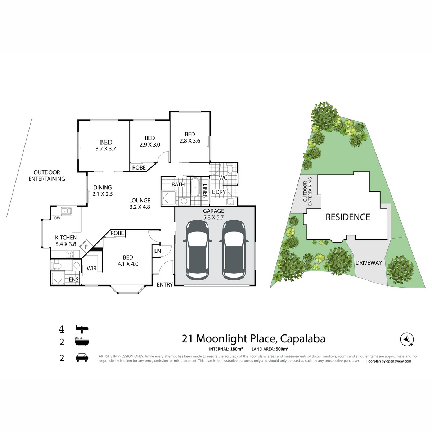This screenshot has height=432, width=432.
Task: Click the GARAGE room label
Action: point(213,211)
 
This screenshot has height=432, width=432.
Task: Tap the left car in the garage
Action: point(197,250)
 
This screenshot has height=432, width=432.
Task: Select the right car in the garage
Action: point(234,250)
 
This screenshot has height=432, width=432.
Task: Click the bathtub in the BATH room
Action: point(195,188)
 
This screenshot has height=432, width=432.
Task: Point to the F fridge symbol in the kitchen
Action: point(86,247)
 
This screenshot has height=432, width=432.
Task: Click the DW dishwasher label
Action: point(57,218)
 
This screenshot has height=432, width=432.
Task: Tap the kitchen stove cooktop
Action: point(69,254)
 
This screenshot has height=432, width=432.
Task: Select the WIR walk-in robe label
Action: point(91,268)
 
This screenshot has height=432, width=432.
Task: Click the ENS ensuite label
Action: point(73,279)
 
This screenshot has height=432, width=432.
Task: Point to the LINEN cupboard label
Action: point(205,191)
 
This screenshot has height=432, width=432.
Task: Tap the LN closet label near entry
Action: point(157,251)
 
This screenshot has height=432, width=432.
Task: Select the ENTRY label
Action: point(165,285)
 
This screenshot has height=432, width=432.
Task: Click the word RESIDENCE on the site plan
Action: point(348,217)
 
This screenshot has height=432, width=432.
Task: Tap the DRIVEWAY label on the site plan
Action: point(369,262)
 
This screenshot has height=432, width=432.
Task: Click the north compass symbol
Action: point(407,339)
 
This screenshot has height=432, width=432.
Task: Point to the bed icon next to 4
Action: point(82,329)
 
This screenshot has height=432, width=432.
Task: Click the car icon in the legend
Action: point(82,358)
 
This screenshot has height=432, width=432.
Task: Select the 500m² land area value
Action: point(282,349)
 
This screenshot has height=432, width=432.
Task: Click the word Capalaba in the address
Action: point(303,338)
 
